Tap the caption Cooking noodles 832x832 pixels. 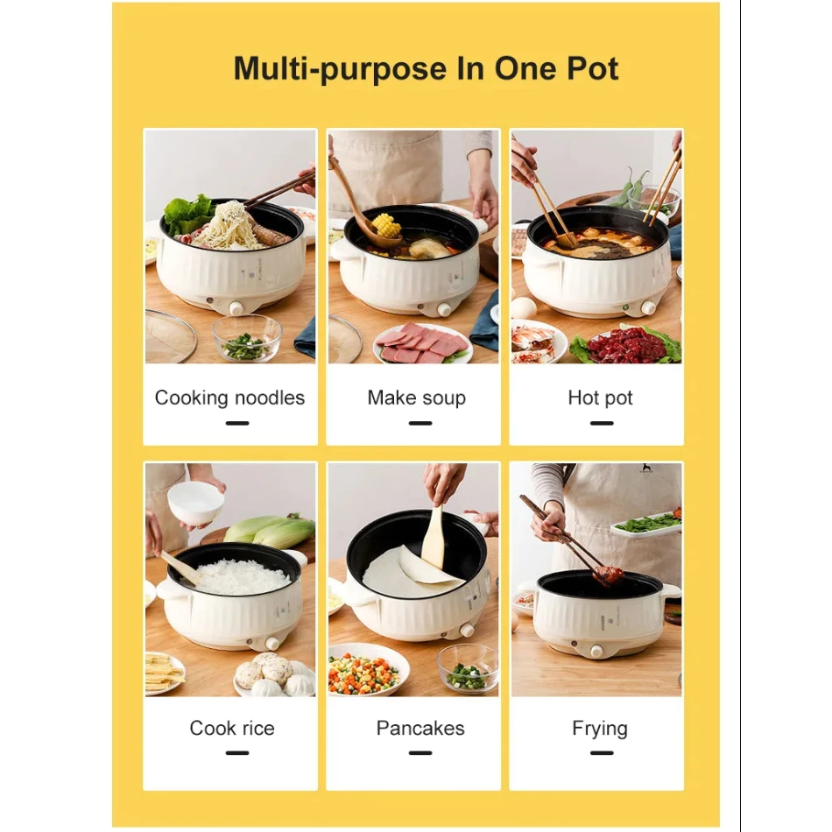pyautogui.click(x=229, y=398)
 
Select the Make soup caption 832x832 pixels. pyautogui.click(x=417, y=398)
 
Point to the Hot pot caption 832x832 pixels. pyautogui.click(x=600, y=398)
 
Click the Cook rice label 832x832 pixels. pyautogui.click(x=232, y=728)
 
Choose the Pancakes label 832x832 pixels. pyautogui.click(x=420, y=728)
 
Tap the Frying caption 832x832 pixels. pyautogui.click(x=600, y=729)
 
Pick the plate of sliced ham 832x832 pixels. pyautogui.click(x=422, y=343)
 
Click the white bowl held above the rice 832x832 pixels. pyautogui.click(x=194, y=504)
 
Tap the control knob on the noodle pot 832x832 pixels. pyautogui.click(x=235, y=307)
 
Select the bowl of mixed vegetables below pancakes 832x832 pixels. pyautogui.click(x=367, y=670)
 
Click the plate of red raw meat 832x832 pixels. pyautogui.click(x=626, y=345)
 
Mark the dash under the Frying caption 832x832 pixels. pyautogui.click(x=601, y=753)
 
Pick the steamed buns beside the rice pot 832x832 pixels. pyautogui.click(x=272, y=673)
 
